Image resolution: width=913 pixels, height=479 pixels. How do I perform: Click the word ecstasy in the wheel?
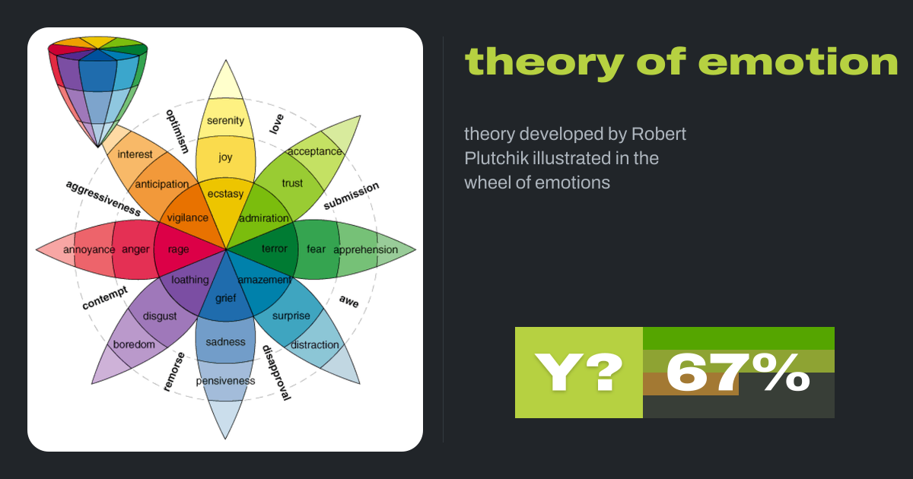[x=225, y=194]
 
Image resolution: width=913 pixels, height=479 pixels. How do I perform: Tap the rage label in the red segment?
[x=179, y=249]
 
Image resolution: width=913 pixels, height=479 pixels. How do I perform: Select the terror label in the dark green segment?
[x=275, y=249]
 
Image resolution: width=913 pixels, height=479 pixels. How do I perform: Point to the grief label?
[x=226, y=299]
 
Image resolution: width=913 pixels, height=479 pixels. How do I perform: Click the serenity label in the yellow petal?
[x=225, y=121]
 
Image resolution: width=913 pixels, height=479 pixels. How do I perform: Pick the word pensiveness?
[x=225, y=381]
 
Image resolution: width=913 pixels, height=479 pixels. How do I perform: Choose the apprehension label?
[x=366, y=249]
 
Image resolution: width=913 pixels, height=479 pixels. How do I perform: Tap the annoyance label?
[x=89, y=249]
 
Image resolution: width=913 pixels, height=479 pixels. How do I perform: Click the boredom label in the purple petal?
[x=134, y=344]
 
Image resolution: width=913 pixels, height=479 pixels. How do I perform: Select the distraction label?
[x=315, y=345]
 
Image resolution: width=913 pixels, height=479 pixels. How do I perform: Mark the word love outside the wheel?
[x=276, y=124]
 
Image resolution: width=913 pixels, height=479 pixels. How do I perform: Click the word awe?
[x=349, y=301]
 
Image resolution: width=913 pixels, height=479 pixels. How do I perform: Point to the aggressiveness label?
[x=103, y=198]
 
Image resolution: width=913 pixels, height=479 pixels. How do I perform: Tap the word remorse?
[x=174, y=372]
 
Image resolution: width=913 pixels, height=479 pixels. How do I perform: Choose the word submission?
[x=351, y=196]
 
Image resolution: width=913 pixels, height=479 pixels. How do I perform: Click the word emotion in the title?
[x=801, y=62]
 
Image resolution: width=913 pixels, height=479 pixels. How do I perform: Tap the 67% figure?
[x=738, y=373]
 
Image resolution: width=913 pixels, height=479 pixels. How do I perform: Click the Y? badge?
[x=579, y=373]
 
